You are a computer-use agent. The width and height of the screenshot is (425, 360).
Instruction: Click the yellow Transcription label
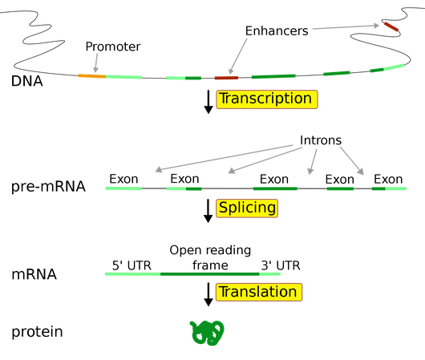[x=267, y=99]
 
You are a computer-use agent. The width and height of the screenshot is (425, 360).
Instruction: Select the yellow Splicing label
[x=247, y=208]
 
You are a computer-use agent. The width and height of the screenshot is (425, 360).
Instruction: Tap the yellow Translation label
[x=258, y=292]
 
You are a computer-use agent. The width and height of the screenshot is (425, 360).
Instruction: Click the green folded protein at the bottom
[x=207, y=332]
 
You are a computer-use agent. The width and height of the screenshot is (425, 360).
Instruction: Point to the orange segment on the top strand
[x=91, y=75]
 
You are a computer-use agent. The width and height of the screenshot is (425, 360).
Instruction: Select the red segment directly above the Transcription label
[x=226, y=78]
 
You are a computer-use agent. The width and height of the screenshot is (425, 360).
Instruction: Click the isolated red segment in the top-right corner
[x=391, y=27]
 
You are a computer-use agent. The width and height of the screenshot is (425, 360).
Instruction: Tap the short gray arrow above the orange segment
[x=96, y=62]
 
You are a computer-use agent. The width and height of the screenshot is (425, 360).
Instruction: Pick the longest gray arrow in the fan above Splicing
[x=224, y=158]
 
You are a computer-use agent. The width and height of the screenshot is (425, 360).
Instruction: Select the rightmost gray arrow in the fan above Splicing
[x=352, y=160]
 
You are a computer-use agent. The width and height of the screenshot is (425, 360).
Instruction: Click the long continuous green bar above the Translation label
[x=192, y=274]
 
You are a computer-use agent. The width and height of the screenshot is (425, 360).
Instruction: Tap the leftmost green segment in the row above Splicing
[x=123, y=188]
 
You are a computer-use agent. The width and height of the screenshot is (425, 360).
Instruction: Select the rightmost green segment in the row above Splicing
[x=388, y=188]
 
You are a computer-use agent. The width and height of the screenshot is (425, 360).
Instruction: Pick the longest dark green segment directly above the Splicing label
[x=275, y=188]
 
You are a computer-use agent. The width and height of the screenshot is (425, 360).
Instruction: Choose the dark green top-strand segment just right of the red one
[x=273, y=77]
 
